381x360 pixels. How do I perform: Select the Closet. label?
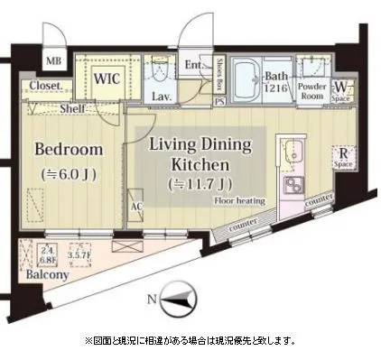click(44, 87)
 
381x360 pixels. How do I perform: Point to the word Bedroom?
click(69, 149)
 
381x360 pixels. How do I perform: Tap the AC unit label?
click(136, 205)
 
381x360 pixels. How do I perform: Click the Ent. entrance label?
click(194, 64)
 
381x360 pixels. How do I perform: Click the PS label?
click(219, 101)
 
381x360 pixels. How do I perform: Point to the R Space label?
click(342, 158)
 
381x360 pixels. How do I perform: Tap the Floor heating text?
click(239, 202)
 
